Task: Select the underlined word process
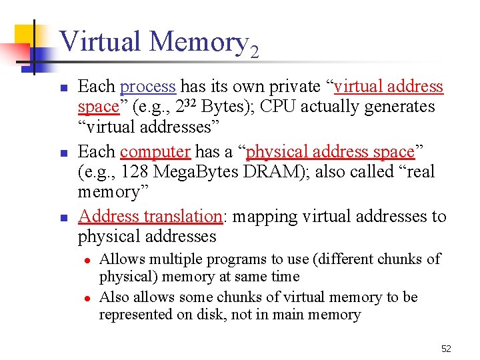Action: click(x=148, y=87)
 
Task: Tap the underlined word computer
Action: click(x=155, y=152)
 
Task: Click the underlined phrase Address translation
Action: click(x=150, y=217)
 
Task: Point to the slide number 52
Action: click(x=446, y=349)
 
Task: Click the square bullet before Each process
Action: click(x=63, y=87)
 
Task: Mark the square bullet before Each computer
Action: click(x=63, y=153)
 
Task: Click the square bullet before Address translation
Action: click(x=63, y=217)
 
